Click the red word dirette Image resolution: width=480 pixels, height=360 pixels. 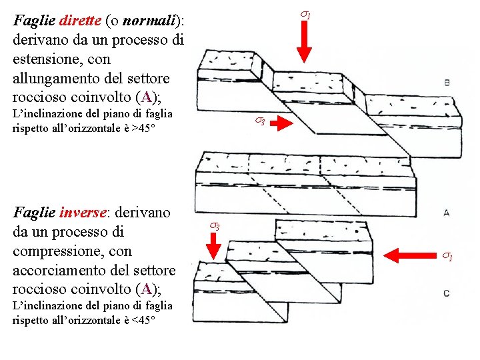point(81,20)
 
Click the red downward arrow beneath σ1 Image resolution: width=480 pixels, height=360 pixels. point(303,45)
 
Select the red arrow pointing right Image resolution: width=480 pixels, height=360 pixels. point(285,122)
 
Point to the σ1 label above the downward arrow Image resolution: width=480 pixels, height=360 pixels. point(304,14)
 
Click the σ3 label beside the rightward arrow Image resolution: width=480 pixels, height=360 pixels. point(259,121)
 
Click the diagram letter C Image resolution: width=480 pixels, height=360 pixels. point(446,293)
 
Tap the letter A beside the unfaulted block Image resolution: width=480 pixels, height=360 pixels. point(445,213)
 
